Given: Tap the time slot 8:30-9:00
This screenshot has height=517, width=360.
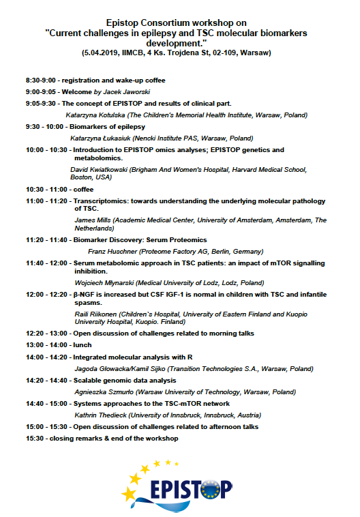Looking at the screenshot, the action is pyautogui.click(x=41, y=80).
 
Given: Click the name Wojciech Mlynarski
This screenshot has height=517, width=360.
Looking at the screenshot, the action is pyautogui.click(x=102, y=282).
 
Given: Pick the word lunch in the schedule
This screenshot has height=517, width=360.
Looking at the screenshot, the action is pyautogui.click(x=82, y=346).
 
